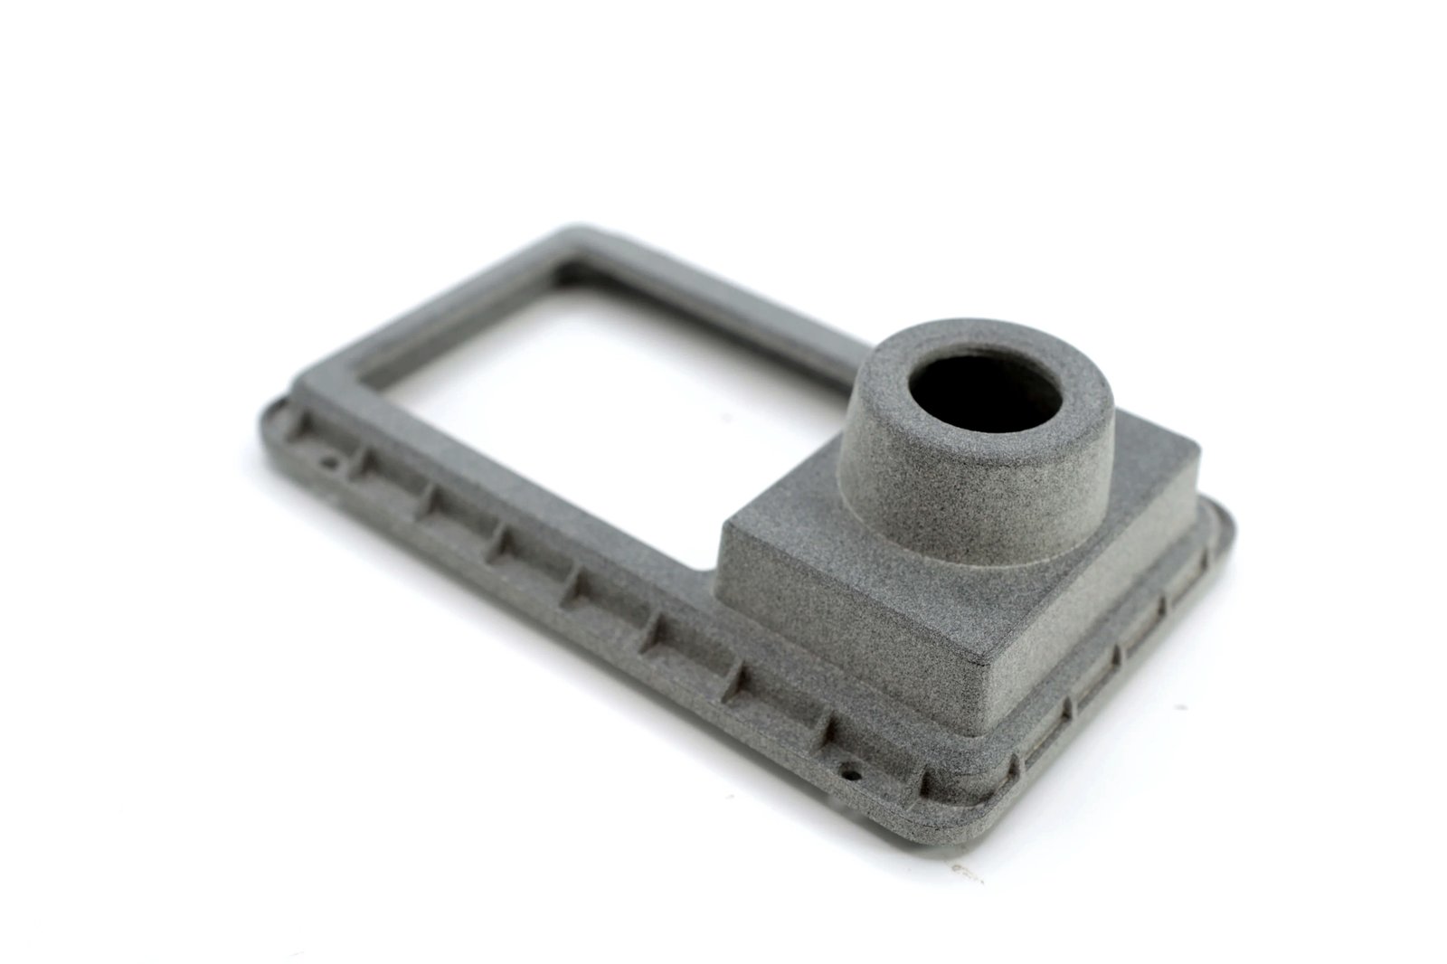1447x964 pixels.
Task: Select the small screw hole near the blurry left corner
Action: [x=332, y=466]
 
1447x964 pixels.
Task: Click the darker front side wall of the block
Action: [x=841, y=633]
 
